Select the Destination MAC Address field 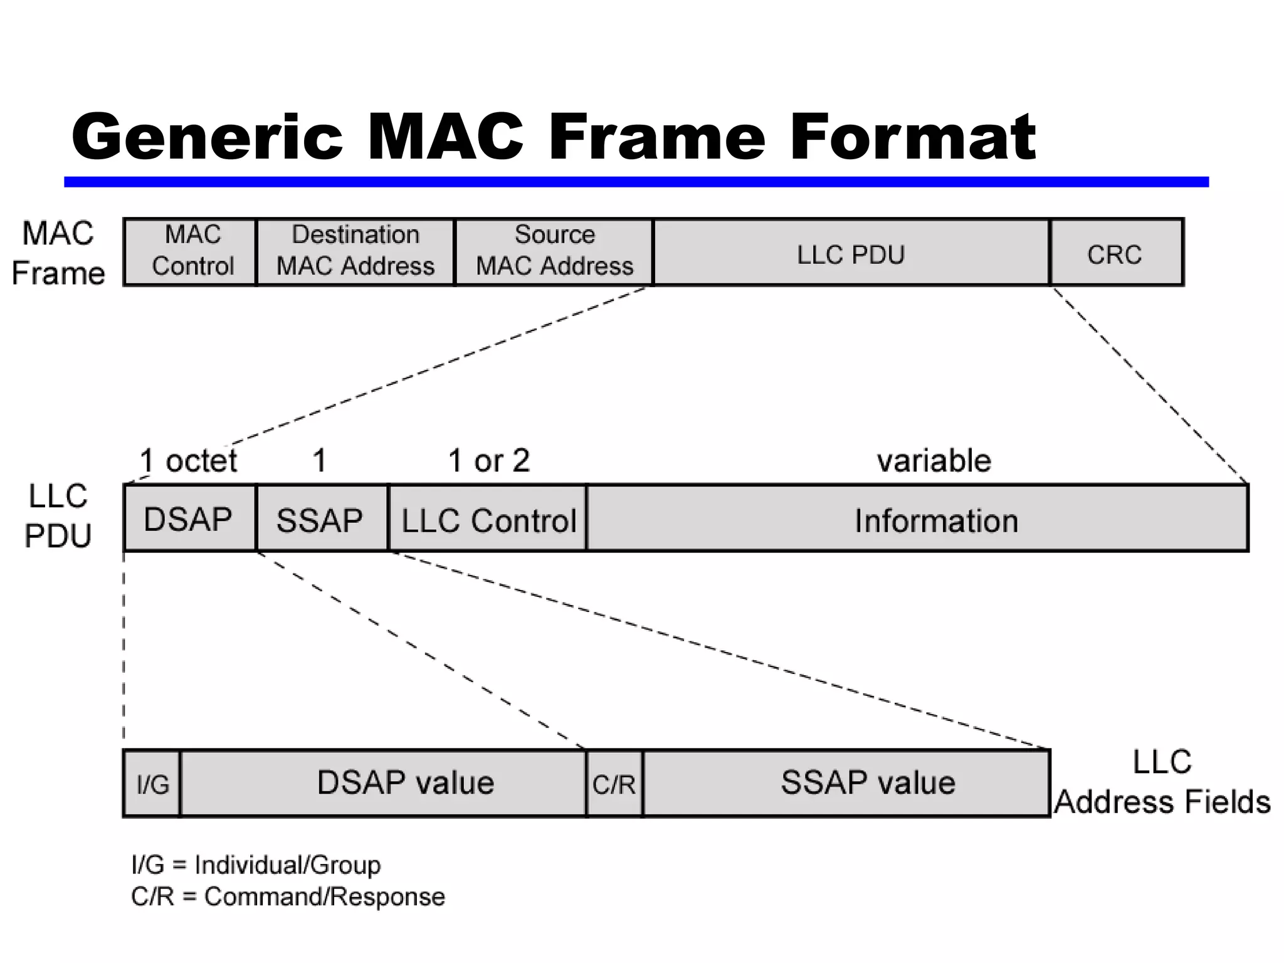(355, 251)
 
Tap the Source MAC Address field (554, 251)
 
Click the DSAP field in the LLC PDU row (189, 519)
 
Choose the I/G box (152, 784)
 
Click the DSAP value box (405, 782)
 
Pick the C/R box (614, 784)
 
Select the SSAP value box (868, 782)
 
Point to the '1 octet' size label (188, 461)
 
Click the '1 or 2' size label (489, 461)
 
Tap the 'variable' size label (934, 461)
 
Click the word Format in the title (912, 137)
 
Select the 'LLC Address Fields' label (1162, 782)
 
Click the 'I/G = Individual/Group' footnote (256, 865)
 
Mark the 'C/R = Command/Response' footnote (288, 897)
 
